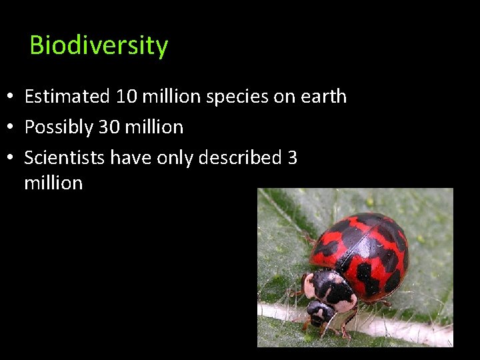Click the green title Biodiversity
pyautogui.click(x=99, y=45)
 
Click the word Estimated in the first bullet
pyautogui.click(x=67, y=96)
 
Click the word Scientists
pyautogui.click(x=64, y=157)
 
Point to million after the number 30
pyautogui.click(x=154, y=127)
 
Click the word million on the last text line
pyautogui.click(x=53, y=183)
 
